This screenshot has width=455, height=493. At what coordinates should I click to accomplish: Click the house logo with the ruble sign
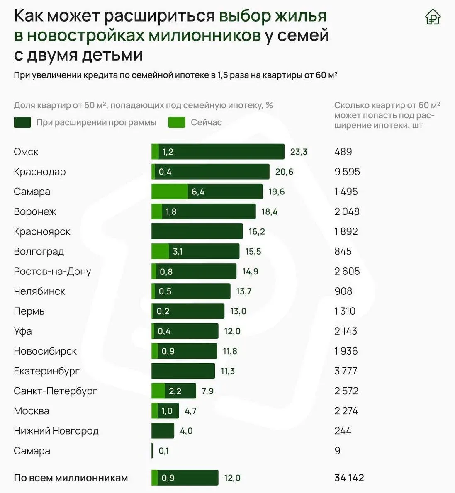[x=433, y=17]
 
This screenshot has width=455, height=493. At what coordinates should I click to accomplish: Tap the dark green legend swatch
[x=22, y=122]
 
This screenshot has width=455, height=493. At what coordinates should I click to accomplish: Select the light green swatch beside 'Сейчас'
[x=177, y=122]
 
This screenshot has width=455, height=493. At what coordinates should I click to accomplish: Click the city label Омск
[x=26, y=152]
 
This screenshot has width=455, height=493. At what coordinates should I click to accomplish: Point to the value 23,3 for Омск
[x=299, y=152]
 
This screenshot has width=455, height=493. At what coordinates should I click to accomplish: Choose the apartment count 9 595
[x=347, y=172]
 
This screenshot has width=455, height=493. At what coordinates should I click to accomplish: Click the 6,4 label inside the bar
[x=198, y=192]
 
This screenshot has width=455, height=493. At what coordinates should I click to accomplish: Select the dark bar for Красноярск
[x=197, y=231]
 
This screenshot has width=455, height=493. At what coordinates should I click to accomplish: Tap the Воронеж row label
[x=35, y=211]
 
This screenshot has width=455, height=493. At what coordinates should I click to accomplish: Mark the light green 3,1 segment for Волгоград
[x=161, y=251]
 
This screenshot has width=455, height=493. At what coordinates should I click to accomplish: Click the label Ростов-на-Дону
[x=52, y=271]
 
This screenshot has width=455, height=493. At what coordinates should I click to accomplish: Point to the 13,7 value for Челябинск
[x=243, y=291]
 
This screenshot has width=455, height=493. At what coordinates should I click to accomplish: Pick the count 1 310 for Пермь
[x=345, y=311]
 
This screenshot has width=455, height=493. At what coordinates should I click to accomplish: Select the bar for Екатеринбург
[x=183, y=371]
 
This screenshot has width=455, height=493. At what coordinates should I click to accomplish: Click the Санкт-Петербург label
[x=56, y=391]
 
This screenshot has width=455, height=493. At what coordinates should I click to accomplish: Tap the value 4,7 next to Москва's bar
[x=190, y=411]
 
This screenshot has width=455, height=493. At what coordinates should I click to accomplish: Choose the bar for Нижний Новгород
[x=163, y=431]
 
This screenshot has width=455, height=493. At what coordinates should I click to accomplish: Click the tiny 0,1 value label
[x=163, y=451]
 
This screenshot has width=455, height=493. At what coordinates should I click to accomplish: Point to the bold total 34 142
[x=349, y=478]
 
